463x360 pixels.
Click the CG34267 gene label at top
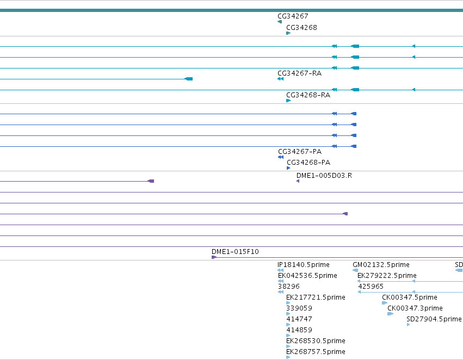(x=293, y=16)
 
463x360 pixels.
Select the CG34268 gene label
(x=301, y=28)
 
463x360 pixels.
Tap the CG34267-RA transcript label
(x=299, y=73)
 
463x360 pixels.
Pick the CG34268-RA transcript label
(x=308, y=95)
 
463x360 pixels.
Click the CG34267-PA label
(x=300, y=152)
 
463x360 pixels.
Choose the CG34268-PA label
(x=308, y=163)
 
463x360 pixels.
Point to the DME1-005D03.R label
(x=324, y=176)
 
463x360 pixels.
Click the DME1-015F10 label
(x=235, y=252)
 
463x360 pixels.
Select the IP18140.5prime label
(x=303, y=265)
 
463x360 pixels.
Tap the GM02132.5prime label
(x=381, y=265)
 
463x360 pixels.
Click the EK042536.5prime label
(x=307, y=276)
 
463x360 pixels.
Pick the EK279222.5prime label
(x=387, y=276)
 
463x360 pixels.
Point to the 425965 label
(x=371, y=287)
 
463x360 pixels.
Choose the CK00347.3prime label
(x=415, y=308)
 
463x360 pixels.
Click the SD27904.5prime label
(x=434, y=319)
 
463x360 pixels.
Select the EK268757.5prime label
(x=316, y=352)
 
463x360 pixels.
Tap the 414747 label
(x=299, y=319)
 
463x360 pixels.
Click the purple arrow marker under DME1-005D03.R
(x=298, y=181)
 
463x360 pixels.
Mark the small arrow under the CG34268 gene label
(x=288, y=33)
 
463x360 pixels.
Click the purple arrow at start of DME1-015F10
(x=214, y=257)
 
